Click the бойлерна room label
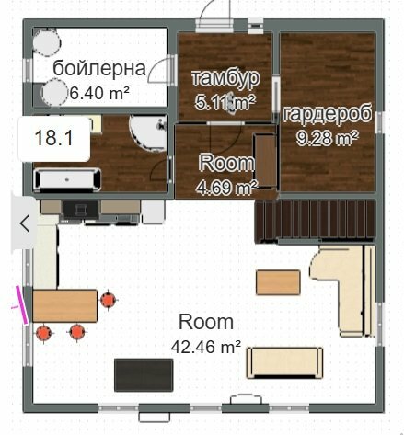[99, 68]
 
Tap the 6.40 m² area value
[99, 93]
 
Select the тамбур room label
[225, 78]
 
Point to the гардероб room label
[328, 113]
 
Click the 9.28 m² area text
[328, 138]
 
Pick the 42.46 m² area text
[206, 347]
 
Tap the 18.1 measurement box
[54, 139]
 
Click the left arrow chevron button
[24, 223]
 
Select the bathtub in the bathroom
[67, 180]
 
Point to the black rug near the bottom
[144, 375]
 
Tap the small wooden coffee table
[278, 282]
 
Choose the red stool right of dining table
[108, 300]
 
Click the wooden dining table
[64, 305]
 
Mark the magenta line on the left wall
[22, 305]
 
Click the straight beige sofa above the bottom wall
[284, 363]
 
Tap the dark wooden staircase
[315, 220]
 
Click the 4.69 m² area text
[226, 187]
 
